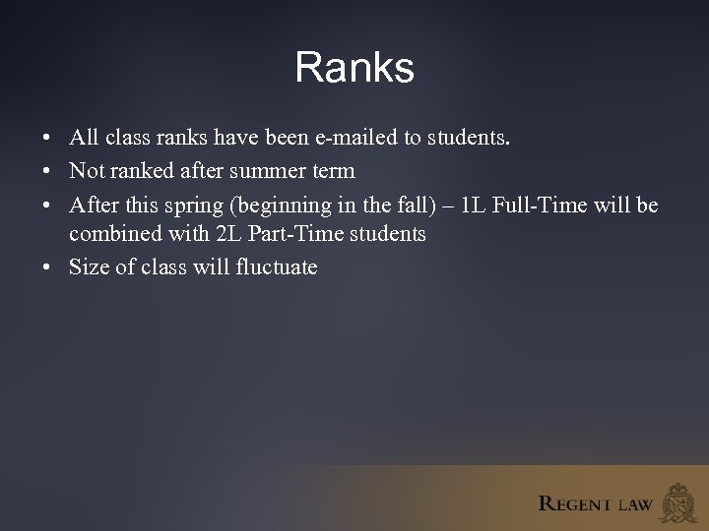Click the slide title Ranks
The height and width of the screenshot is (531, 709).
point(354,68)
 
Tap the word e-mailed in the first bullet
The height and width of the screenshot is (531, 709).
point(355,139)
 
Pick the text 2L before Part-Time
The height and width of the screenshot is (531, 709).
point(226,235)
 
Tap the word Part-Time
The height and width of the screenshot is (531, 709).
point(294,235)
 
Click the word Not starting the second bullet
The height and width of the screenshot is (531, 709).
point(86,171)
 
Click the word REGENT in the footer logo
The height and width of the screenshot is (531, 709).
point(575,504)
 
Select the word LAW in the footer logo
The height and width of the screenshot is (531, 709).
point(634,504)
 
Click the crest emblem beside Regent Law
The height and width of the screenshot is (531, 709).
point(679,501)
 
